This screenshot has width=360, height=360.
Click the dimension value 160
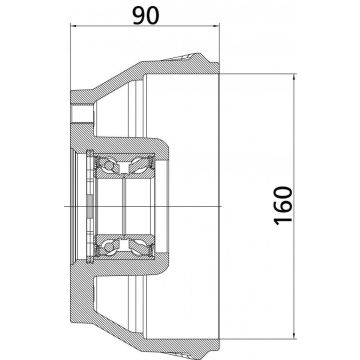[x=287, y=206]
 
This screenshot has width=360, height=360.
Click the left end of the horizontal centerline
[x=63, y=205]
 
